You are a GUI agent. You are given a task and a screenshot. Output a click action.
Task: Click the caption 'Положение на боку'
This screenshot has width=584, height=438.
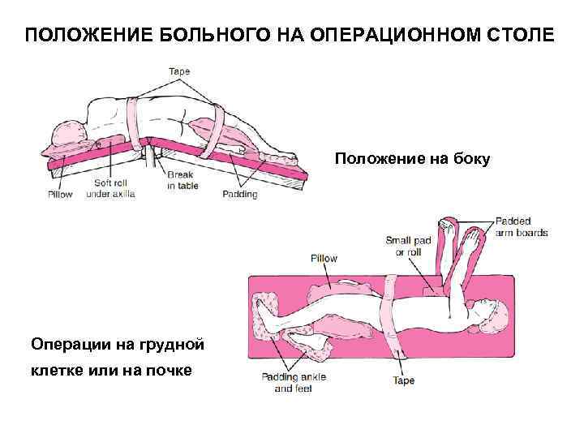click(412, 160)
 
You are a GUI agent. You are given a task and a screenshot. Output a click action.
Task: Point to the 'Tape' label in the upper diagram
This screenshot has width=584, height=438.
click(179, 71)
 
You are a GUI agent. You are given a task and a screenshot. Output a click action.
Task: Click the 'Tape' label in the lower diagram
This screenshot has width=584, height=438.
click(403, 380)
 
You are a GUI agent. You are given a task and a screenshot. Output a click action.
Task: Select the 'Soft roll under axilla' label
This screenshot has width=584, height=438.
click(110, 189)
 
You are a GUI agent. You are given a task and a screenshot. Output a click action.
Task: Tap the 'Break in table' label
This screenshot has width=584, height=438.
click(181, 179)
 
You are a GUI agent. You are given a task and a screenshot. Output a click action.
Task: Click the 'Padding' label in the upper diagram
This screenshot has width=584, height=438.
click(239, 195)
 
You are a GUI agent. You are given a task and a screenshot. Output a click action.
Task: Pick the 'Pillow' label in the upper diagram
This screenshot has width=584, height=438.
click(59, 195)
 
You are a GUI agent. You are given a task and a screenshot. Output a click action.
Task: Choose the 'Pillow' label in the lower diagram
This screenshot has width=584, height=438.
click(324, 258)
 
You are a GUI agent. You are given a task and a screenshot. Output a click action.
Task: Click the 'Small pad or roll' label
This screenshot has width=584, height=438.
click(403, 246)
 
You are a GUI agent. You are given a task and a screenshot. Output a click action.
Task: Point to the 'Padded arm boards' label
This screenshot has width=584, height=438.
click(521, 226)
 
